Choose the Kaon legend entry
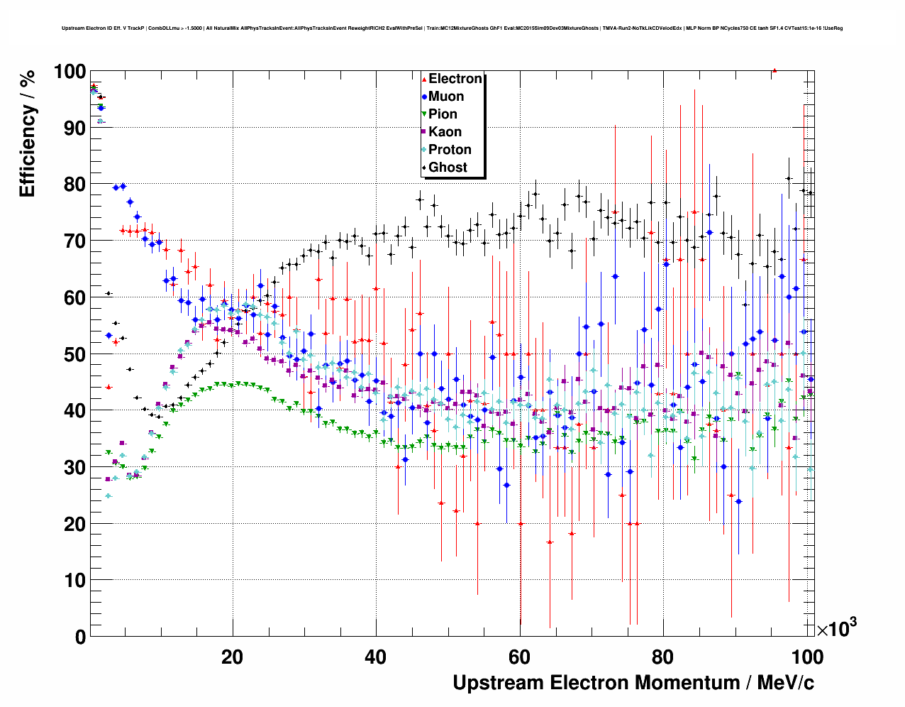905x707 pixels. pos(445,132)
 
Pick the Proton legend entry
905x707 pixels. pos(450,150)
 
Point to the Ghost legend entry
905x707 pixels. pos(448,168)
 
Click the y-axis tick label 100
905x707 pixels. pos(69,72)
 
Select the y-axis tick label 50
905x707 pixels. pos(74,354)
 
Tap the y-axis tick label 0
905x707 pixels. pos(80,637)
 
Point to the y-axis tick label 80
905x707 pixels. pos(74,185)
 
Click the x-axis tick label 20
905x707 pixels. pos(232,657)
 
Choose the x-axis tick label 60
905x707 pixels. pos(519,657)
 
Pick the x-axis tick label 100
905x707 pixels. pos(806,657)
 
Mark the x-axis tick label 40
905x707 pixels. pos(376,657)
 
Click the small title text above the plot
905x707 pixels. pos(452,28)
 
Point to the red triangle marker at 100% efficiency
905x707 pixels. pos(774,70)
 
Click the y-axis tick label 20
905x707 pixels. pos(74,524)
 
